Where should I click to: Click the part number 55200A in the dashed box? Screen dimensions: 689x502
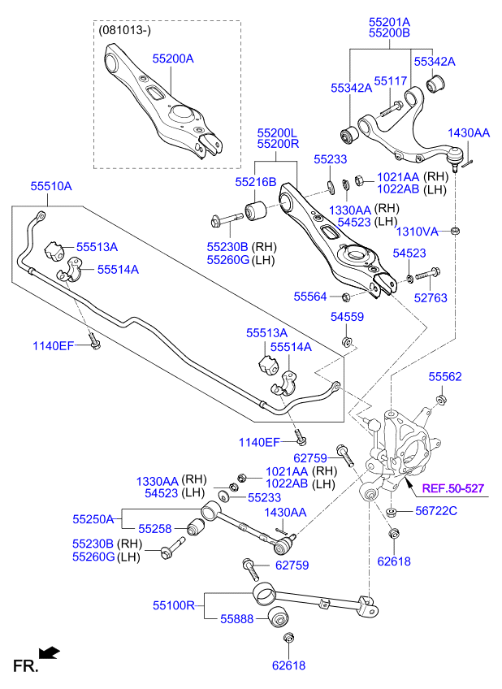tap(173, 58)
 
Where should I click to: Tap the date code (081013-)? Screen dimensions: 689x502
tap(123, 30)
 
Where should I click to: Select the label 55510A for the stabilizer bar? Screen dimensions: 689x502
tap(51, 186)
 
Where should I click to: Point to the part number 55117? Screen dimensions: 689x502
tap(390, 81)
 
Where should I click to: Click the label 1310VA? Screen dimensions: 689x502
tap(417, 232)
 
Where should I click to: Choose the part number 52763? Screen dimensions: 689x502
tap(431, 298)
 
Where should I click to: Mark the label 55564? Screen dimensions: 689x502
tap(310, 297)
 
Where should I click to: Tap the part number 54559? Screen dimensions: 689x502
tap(347, 317)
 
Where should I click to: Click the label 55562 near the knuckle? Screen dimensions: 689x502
tap(445, 377)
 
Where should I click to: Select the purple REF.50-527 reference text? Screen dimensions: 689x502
tap(452, 488)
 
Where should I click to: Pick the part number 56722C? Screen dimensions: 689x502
tap(436, 510)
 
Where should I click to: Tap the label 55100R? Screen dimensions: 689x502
tap(174, 605)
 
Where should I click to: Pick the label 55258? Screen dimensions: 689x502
tap(154, 528)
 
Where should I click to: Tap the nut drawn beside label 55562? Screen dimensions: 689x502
tap(441, 398)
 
